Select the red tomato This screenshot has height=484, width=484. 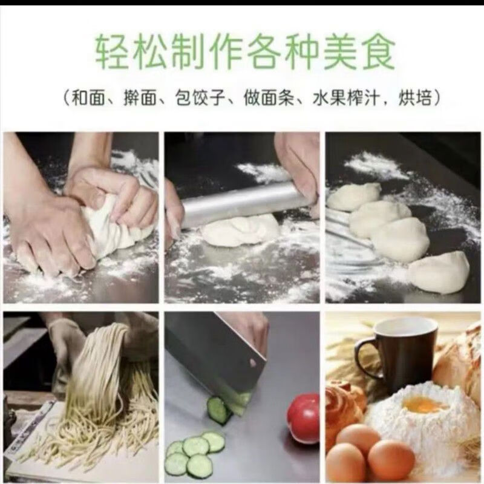(x=304, y=417)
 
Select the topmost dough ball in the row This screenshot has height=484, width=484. (x=354, y=197)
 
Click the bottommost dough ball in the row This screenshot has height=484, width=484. (x=438, y=272)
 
